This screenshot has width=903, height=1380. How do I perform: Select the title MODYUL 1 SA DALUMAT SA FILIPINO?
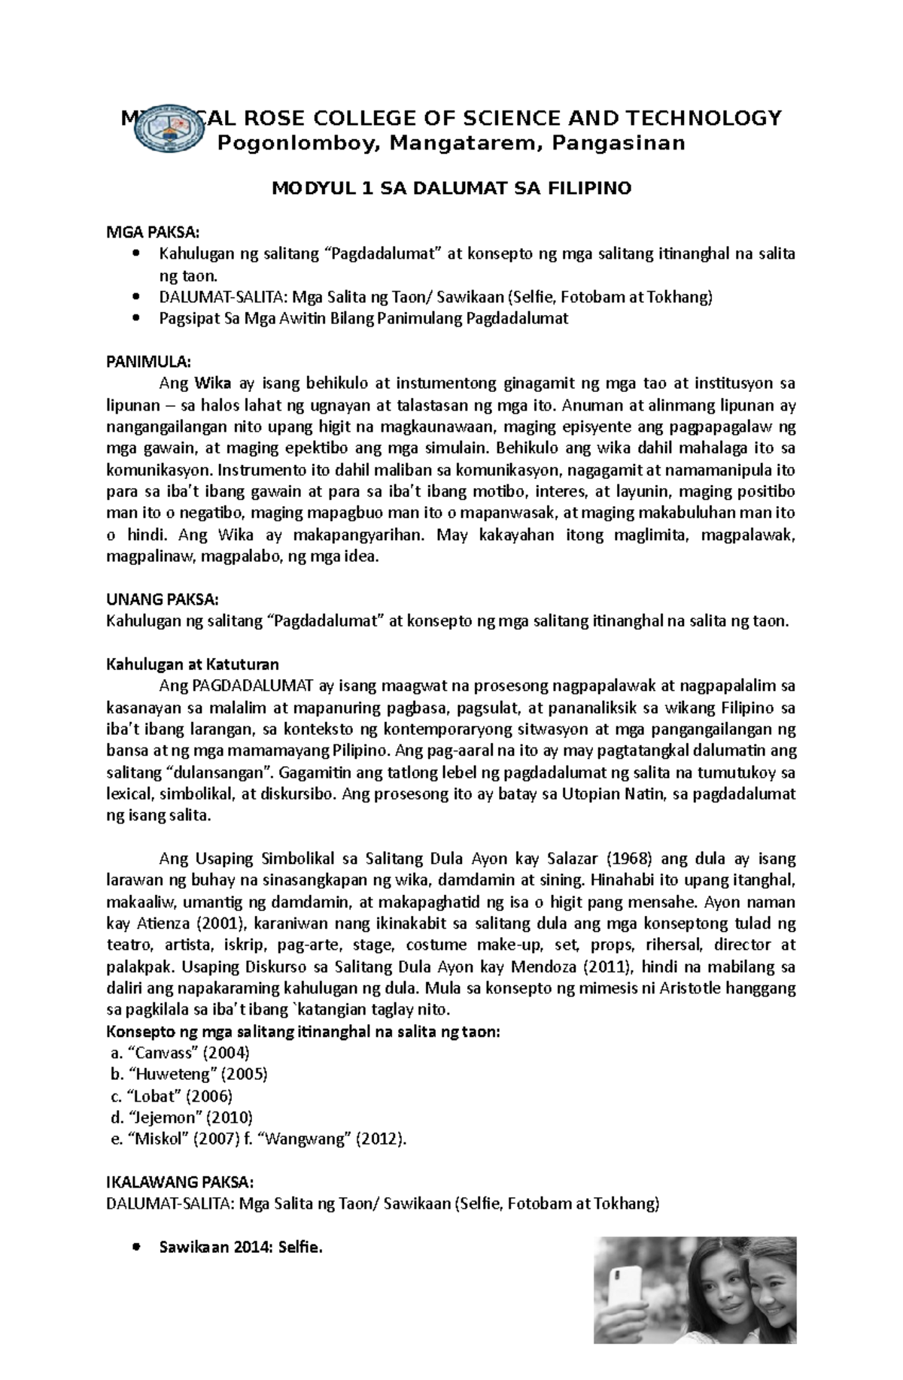(451, 189)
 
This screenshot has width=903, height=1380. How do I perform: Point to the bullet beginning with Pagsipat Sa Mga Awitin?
(363, 318)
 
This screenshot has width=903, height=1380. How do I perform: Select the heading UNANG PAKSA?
(162, 599)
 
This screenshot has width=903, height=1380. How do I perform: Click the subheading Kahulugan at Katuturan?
(193, 664)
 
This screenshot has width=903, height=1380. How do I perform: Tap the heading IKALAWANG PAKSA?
(175, 1181)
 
